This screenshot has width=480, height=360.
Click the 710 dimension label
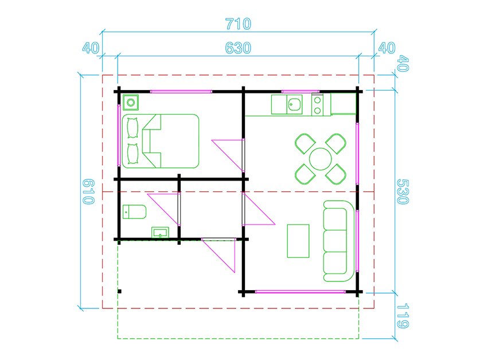pos(238,24)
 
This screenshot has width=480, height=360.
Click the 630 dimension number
pos(238,48)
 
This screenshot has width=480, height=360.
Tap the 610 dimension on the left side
pos(89,191)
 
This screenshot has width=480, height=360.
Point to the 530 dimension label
pos(403,191)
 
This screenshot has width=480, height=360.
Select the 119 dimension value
pos(403,316)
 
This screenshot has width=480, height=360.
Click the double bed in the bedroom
pos(161,141)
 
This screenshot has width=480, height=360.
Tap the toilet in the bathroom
pos(134,212)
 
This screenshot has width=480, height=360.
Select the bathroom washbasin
pos(160,232)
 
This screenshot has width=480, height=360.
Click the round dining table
pos(320,159)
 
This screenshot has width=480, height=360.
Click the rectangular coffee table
pos(298,241)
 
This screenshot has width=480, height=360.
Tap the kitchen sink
pos(295,105)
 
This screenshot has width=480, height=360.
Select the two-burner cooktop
pos(318,105)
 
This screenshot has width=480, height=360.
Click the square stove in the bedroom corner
pos(131,103)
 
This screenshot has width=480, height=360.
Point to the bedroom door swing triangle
pos(228,155)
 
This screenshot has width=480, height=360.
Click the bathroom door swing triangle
pos(163,209)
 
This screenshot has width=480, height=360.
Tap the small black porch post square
pos(119,291)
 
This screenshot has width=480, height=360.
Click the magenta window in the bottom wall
pos(301,292)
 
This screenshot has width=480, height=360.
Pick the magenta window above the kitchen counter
pos(301,92)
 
